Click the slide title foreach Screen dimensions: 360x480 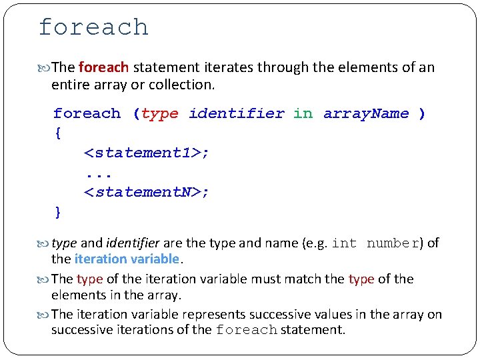click(93, 27)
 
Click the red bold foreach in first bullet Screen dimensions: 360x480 click(103, 67)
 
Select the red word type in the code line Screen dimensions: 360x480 click(160, 114)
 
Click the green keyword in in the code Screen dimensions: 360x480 click(303, 114)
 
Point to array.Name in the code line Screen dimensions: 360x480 click(366, 114)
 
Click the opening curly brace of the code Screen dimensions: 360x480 click(58, 133)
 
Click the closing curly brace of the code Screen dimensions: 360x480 click(58, 213)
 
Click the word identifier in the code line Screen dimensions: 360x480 click(237, 114)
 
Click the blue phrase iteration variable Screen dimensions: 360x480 click(127, 259)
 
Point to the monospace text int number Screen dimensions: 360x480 click(376, 243)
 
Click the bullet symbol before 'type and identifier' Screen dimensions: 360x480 click(44, 243)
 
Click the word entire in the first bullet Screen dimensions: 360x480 click(70, 85)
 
